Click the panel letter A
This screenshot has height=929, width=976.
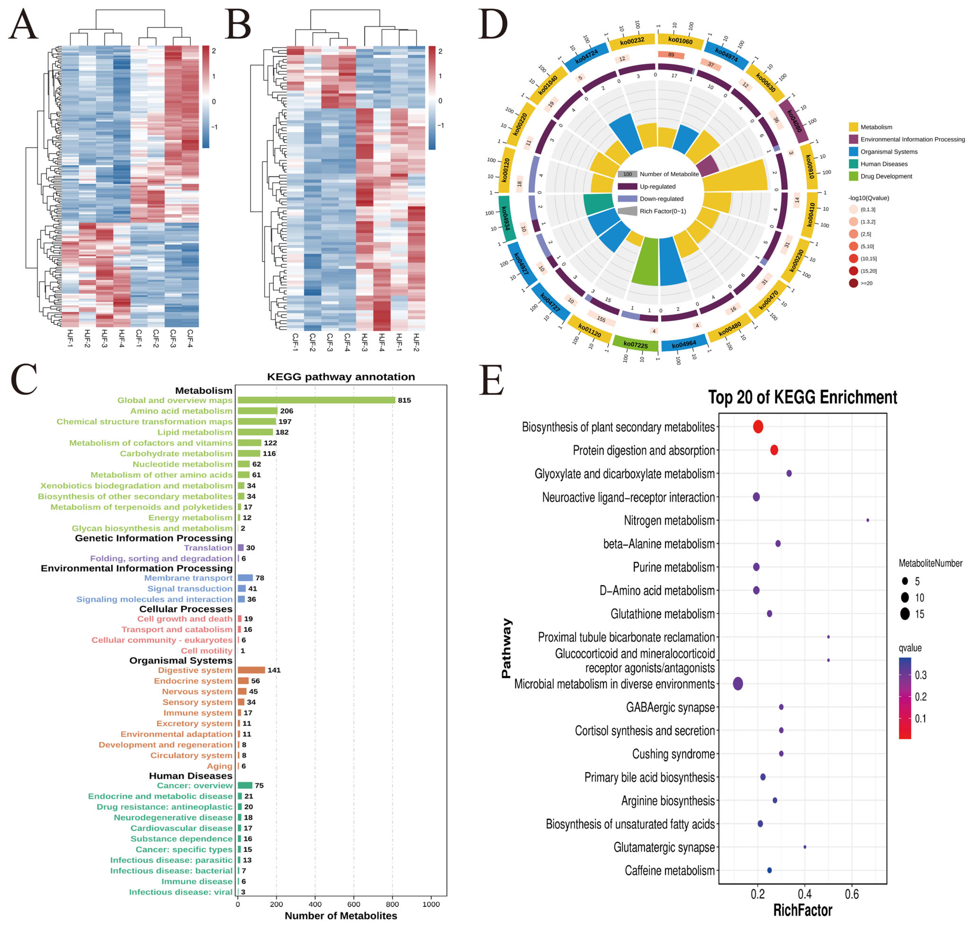[x=23, y=25]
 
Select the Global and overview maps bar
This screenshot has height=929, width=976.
[x=316, y=400]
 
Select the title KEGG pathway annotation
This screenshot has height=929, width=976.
[x=341, y=377]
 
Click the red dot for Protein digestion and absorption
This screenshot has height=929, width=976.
[x=774, y=450]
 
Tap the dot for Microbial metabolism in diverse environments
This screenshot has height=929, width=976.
[x=738, y=684]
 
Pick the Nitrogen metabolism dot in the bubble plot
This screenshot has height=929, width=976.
[x=868, y=520]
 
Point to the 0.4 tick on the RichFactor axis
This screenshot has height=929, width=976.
[x=805, y=894]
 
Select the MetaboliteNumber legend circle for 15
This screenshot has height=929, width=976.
[x=905, y=614]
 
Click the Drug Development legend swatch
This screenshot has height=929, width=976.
[x=853, y=176]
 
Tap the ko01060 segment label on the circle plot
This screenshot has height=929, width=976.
[x=680, y=41]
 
